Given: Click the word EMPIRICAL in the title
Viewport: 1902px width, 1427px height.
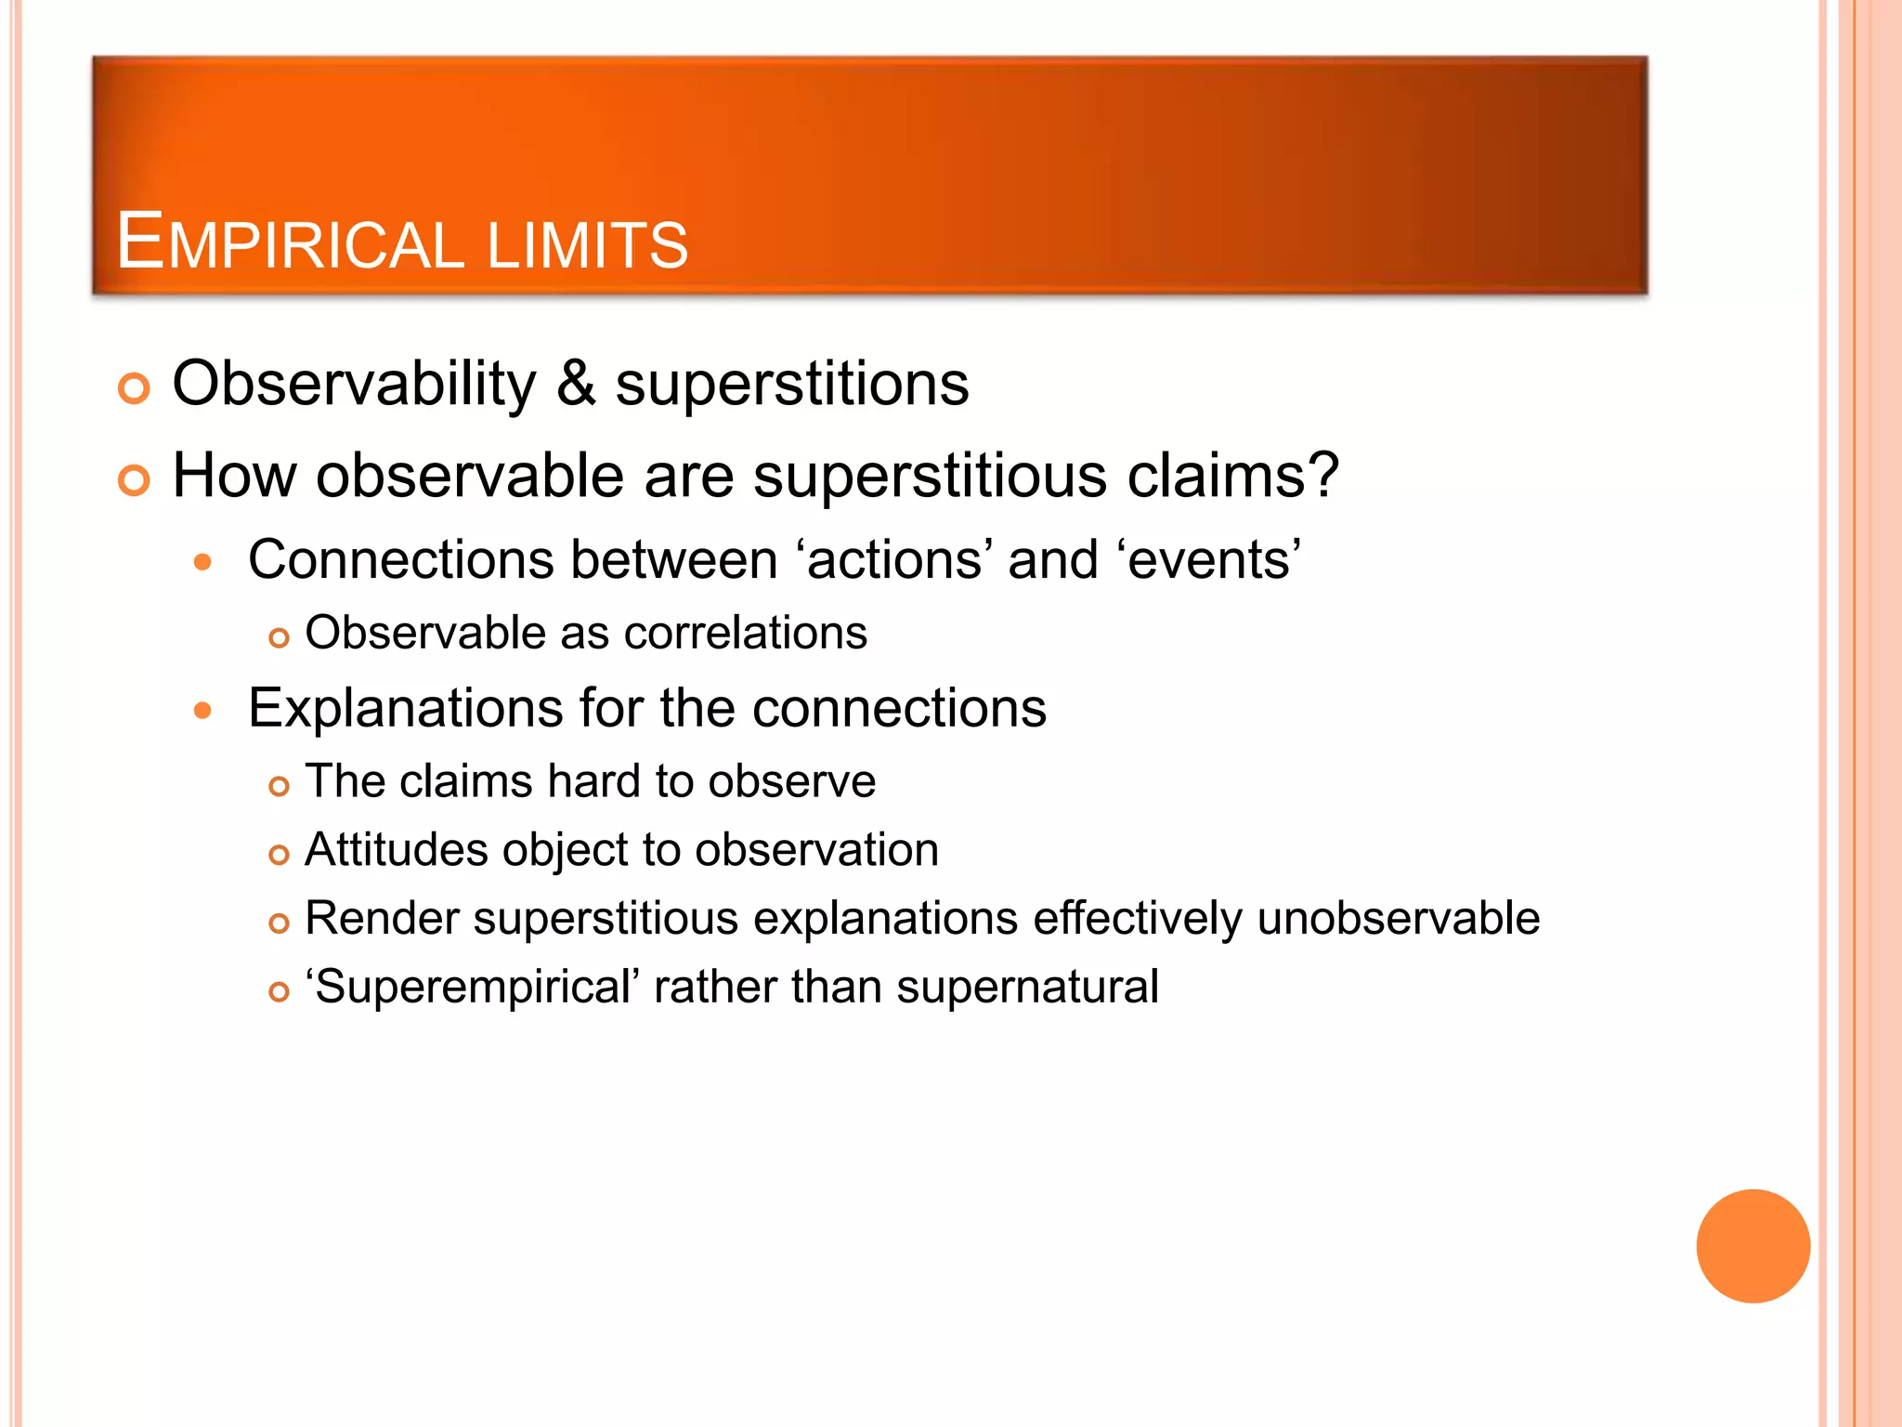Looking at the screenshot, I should tap(289, 243).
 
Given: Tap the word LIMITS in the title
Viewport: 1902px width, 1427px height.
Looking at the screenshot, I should tap(587, 245).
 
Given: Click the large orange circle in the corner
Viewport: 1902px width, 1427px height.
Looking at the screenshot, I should tap(1752, 1246).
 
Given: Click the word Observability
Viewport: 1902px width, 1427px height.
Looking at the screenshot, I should tap(354, 385).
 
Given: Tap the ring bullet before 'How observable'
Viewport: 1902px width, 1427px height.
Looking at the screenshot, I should tap(134, 480).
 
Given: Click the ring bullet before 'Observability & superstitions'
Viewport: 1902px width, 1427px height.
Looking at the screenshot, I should tap(134, 388).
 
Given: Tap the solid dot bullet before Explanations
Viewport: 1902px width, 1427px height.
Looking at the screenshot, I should tap(203, 711).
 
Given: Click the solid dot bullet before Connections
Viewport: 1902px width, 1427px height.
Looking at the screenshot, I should tap(203, 562).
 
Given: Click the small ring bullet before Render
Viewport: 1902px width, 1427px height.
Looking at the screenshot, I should tap(279, 923).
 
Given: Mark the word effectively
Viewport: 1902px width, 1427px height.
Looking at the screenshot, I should tap(1137, 919).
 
